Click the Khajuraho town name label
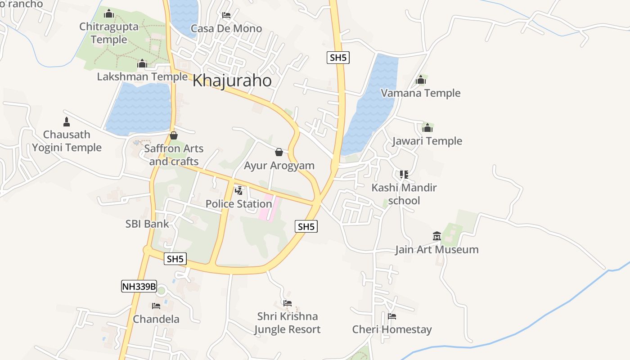[x=232, y=81]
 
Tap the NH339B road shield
[x=139, y=286]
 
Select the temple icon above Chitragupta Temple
[x=109, y=13]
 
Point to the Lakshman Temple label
[x=142, y=76]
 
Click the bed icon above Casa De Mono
[x=226, y=15]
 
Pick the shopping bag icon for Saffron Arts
[x=174, y=135]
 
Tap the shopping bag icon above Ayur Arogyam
[x=279, y=152]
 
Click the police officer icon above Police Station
[x=239, y=190]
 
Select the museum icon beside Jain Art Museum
[x=436, y=236]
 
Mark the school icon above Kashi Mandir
[x=404, y=174]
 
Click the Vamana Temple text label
[x=421, y=93]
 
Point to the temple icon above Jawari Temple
[x=427, y=128]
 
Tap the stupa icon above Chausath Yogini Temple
[x=67, y=121]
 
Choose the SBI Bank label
[x=147, y=224]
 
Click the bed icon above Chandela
[x=156, y=306]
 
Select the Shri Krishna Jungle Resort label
[x=288, y=323]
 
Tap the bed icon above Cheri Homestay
[x=392, y=316]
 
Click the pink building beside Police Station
[x=269, y=207]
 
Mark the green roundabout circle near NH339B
[x=161, y=290]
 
